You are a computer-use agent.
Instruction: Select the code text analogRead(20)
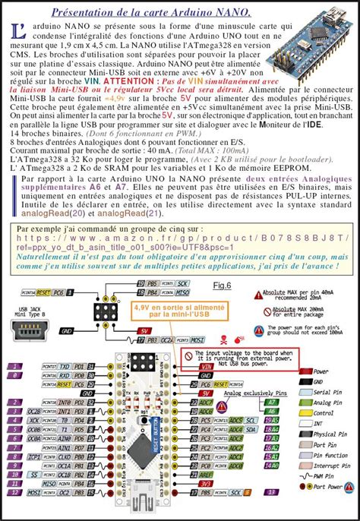point(62,213)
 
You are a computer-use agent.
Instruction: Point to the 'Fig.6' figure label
point(221,286)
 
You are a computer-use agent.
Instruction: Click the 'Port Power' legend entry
point(333,488)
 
